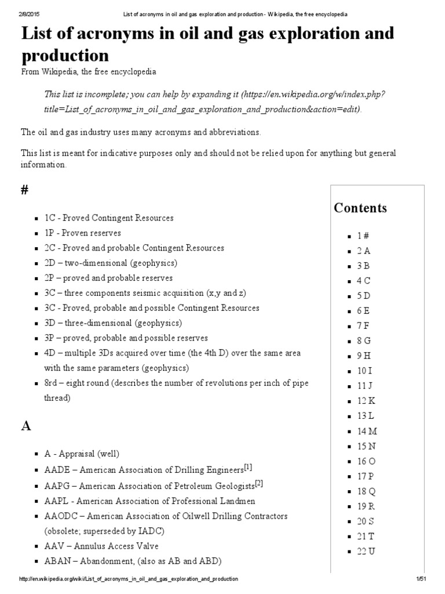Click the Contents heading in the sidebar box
(x=360, y=208)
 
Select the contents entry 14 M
(x=367, y=431)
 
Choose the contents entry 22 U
(x=366, y=551)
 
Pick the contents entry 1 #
(x=363, y=235)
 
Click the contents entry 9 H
(x=363, y=356)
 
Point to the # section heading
(x=25, y=192)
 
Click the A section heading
(x=25, y=426)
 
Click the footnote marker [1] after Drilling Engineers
(x=247, y=467)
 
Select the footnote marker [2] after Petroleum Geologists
(x=259, y=483)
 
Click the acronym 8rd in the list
(x=52, y=383)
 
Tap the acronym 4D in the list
(x=50, y=353)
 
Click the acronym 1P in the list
(x=50, y=233)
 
